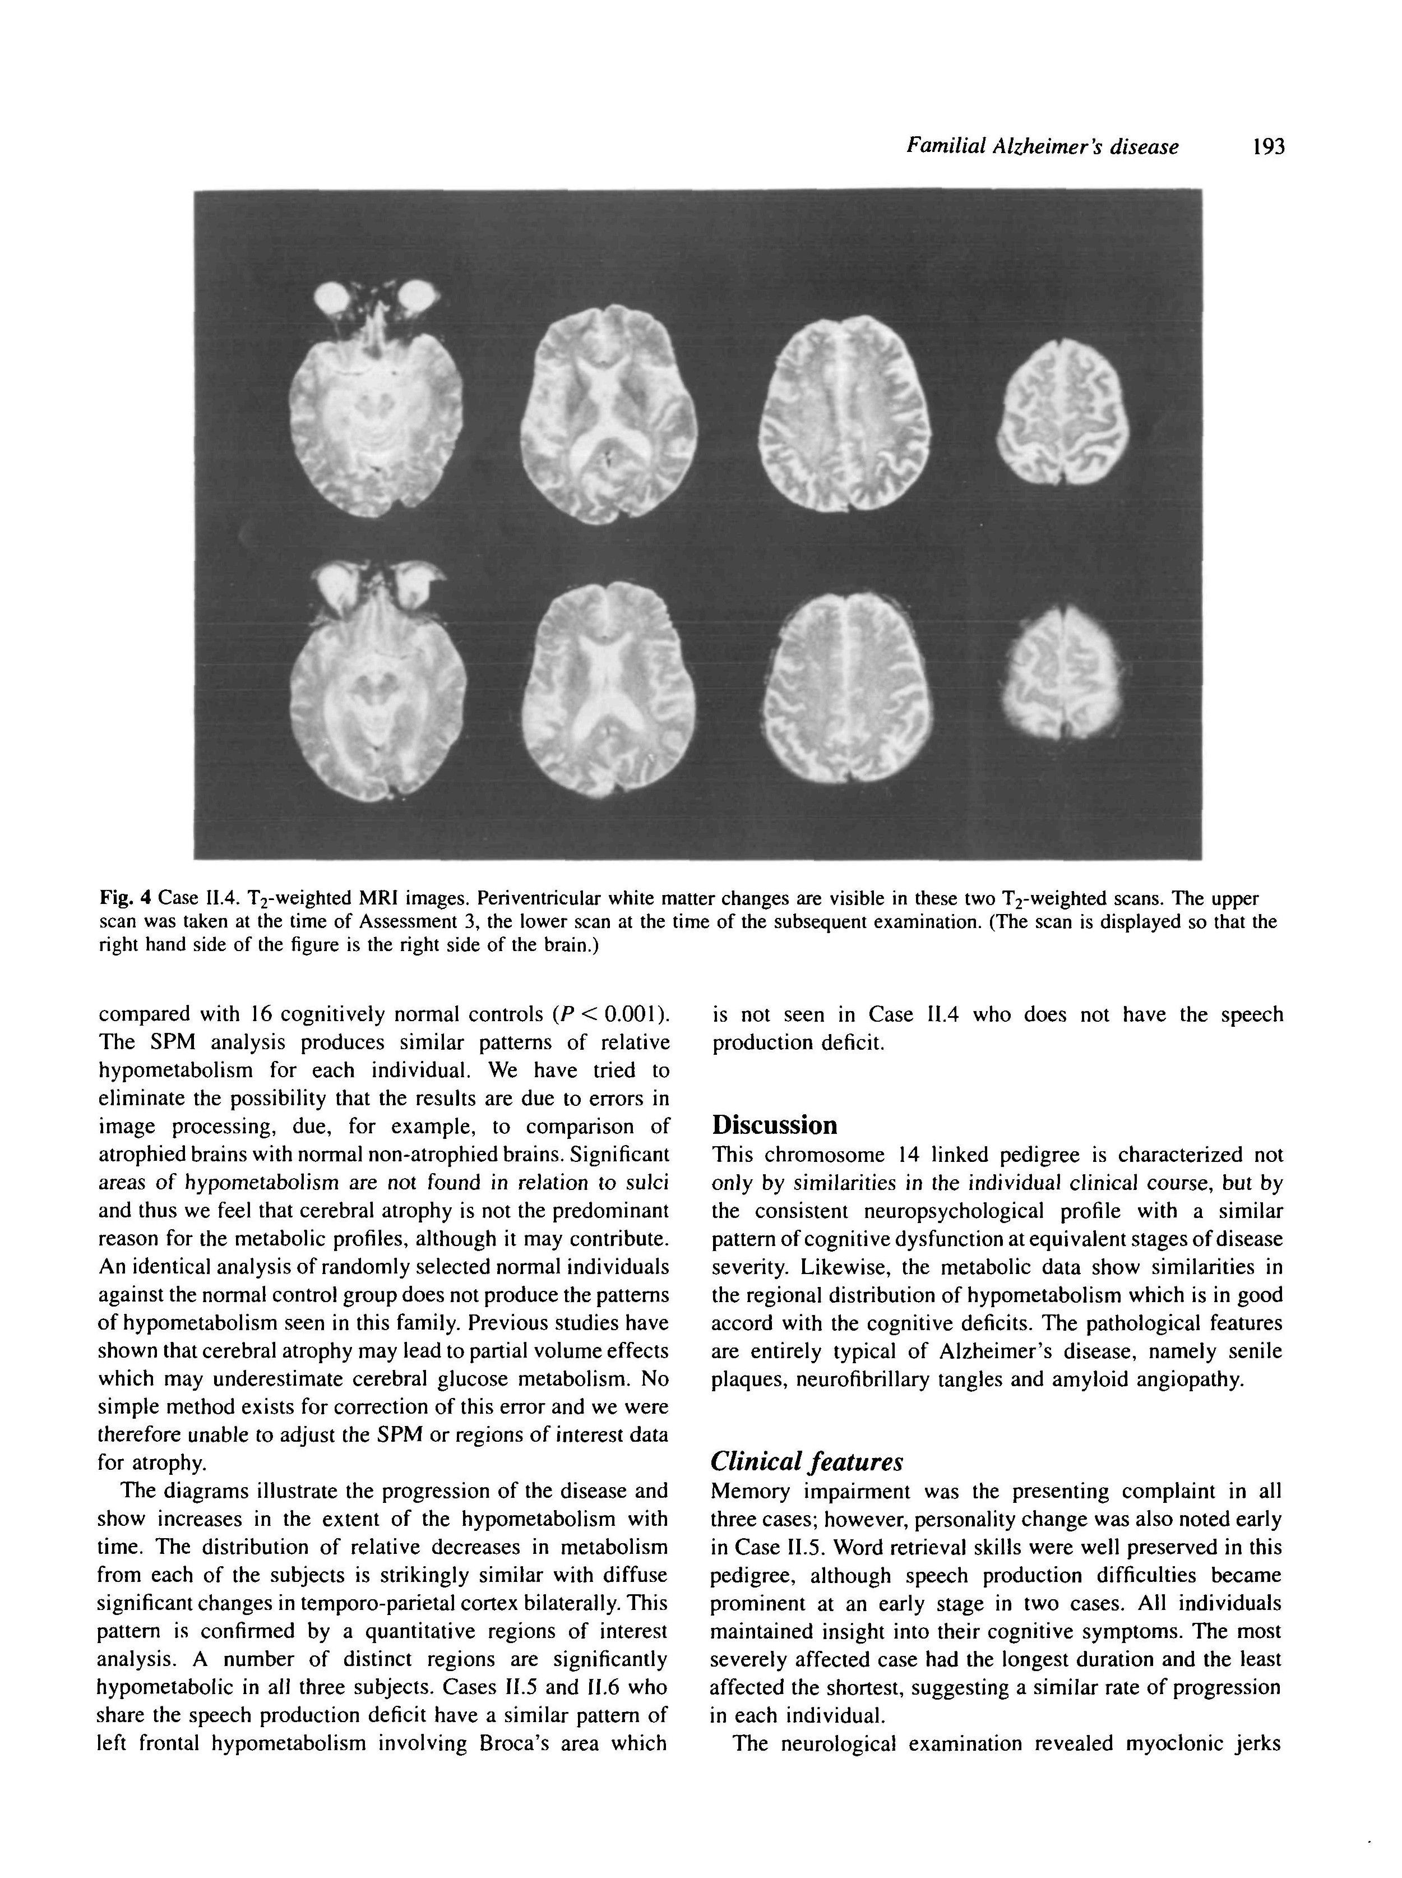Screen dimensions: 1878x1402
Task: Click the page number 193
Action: [1269, 147]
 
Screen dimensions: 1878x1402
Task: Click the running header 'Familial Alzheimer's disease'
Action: [1042, 147]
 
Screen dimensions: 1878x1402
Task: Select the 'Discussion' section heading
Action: [774, 1125]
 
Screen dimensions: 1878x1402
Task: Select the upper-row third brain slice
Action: [845, 414]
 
